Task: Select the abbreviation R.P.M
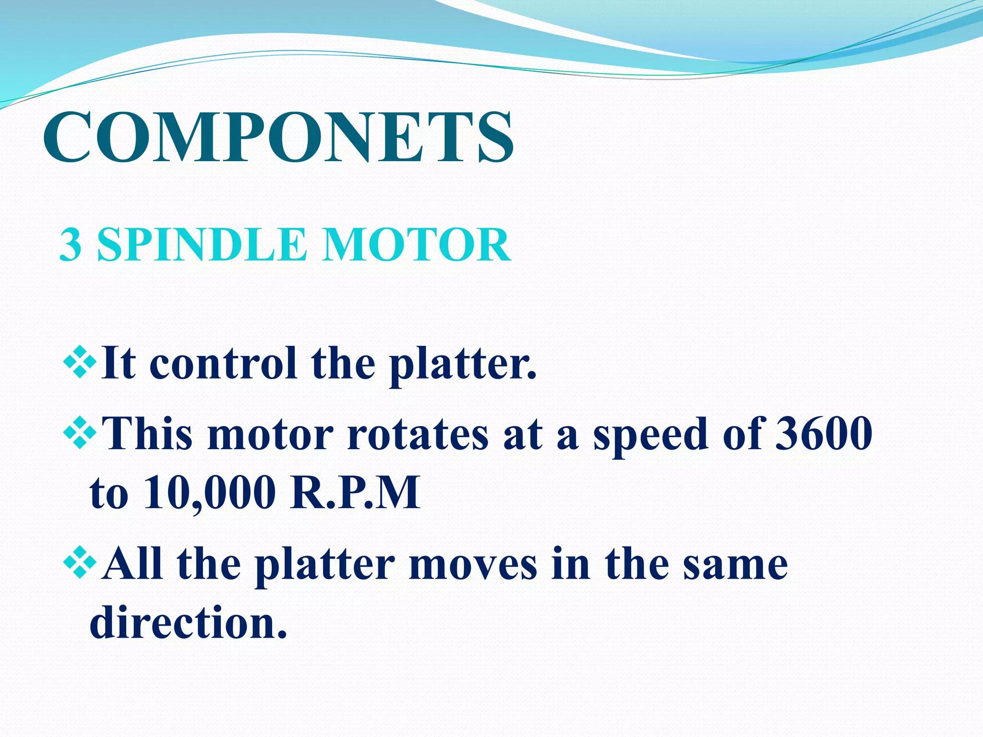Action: point(355,492)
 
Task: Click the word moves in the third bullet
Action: point(473,565)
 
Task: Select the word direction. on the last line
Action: point(188,622)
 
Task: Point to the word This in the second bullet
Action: point(148,433)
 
